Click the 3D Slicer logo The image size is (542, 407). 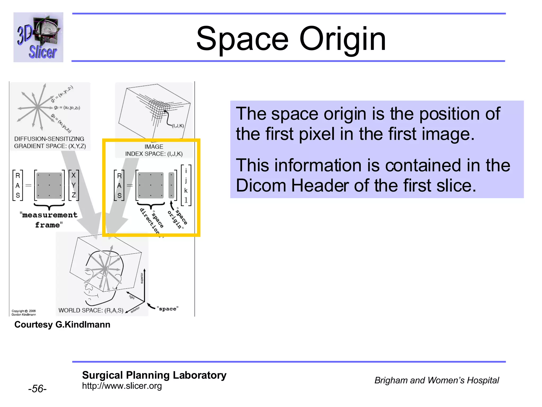click(x=38, y=37)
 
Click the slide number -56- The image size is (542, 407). click(x=37, y=389)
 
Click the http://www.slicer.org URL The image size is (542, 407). click(x=122, y=386)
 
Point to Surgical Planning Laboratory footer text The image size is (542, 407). click(x=154, y=375)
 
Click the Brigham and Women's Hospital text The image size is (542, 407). click(x=436, y=380)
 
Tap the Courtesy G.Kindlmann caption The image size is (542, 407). click(x=62, y=325)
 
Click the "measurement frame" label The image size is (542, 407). click(x=49, y=220)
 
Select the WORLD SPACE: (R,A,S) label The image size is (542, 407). click(x=91, y=310)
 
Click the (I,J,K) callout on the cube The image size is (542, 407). click(x=178, y=126)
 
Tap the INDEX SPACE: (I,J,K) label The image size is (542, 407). click(x=154, y=154)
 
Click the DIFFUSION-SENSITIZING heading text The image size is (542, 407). click(x=49, y=139)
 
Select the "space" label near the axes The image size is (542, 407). click(x=168, y=309)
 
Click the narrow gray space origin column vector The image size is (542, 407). click(x=171, y=185)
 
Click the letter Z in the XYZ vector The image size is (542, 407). click(x=74, y=195)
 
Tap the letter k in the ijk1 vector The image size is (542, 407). click(x=186, y=191)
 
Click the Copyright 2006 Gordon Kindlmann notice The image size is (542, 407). click(x=24, y=313)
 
